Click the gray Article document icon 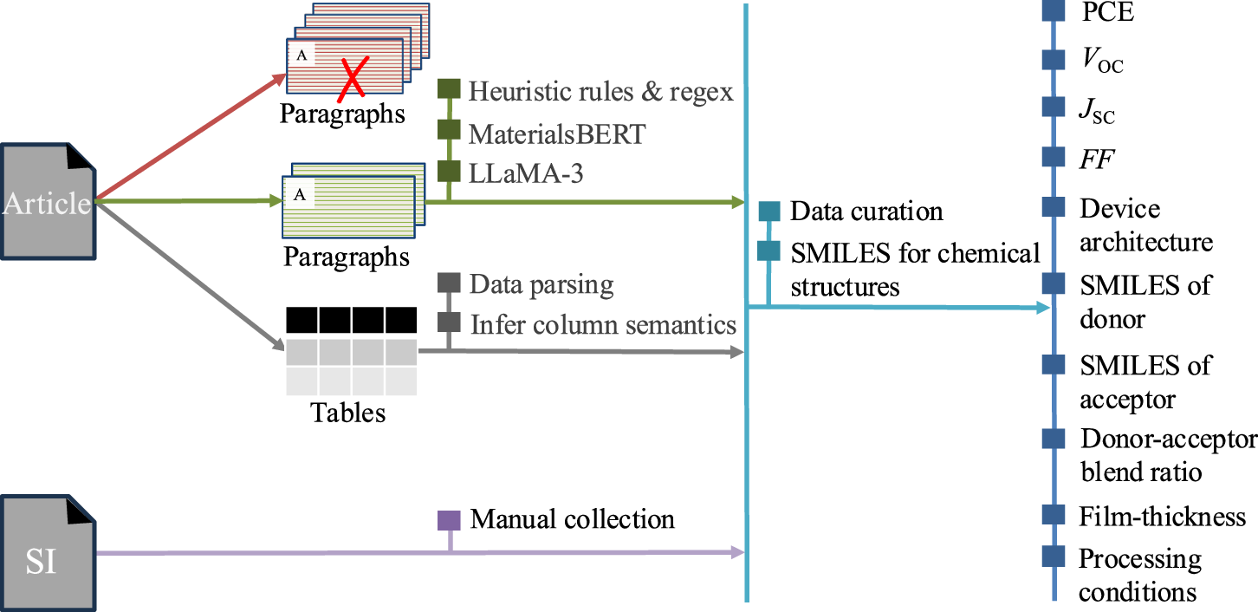coord(47,202)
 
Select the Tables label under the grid coord(347,413)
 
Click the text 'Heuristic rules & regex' coord(600,91)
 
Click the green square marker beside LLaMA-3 coord(448,171)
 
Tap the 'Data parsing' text coord(541,283)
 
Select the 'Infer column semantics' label coord(603,324)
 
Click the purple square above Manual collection coord(450,520)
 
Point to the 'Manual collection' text coord(572,519)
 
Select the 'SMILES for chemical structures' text coord(914,269)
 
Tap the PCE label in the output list coord(1107,12)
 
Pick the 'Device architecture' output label coord(1145,225)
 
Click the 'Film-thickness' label coord(1162,517)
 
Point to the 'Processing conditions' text coord(1139,576)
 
